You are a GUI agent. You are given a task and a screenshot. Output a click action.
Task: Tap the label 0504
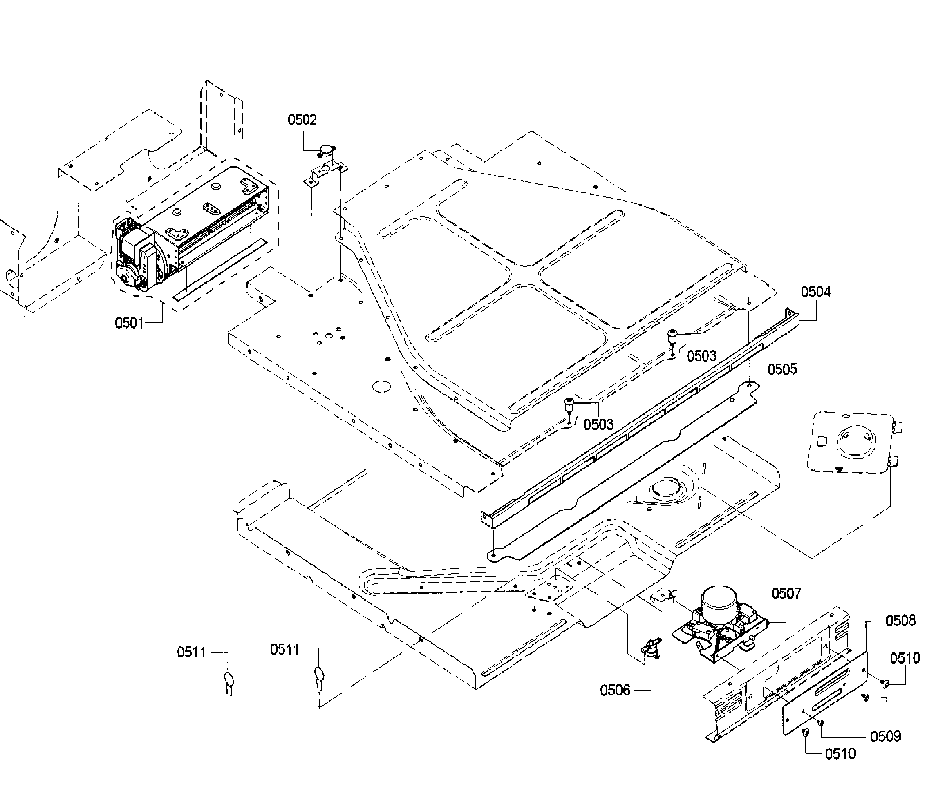(x=815, y=292)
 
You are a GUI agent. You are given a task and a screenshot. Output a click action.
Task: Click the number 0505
(x=783, y=369)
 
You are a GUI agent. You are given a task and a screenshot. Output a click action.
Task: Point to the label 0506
(x=615, y=690)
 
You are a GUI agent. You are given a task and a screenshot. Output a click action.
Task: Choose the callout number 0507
(x=786, y=594)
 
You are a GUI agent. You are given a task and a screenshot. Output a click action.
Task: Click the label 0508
(x=900, y=621)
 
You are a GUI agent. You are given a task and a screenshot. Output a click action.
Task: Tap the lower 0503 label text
(x=598, y=424)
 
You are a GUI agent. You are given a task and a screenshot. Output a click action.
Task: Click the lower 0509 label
(x=886, y=737)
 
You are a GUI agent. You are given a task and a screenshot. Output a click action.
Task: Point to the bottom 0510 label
(x=840, y=753)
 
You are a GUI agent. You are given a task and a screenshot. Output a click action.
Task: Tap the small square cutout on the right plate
(x=823, y=441)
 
